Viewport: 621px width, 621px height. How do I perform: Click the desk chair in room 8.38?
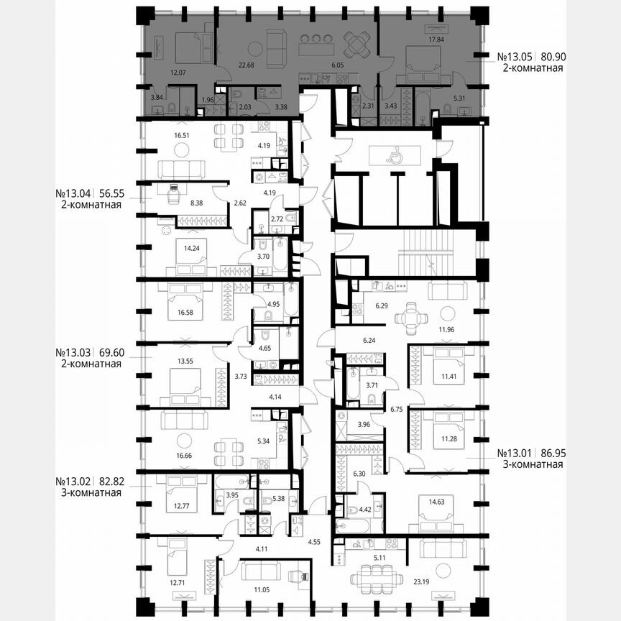click(x=174, y=192)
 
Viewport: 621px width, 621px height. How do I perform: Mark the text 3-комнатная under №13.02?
click(x=90, y=492)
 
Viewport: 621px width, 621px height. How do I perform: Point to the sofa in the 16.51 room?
click(x=181, y=169)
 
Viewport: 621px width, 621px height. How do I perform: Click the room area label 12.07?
click(x=178, y=73)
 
